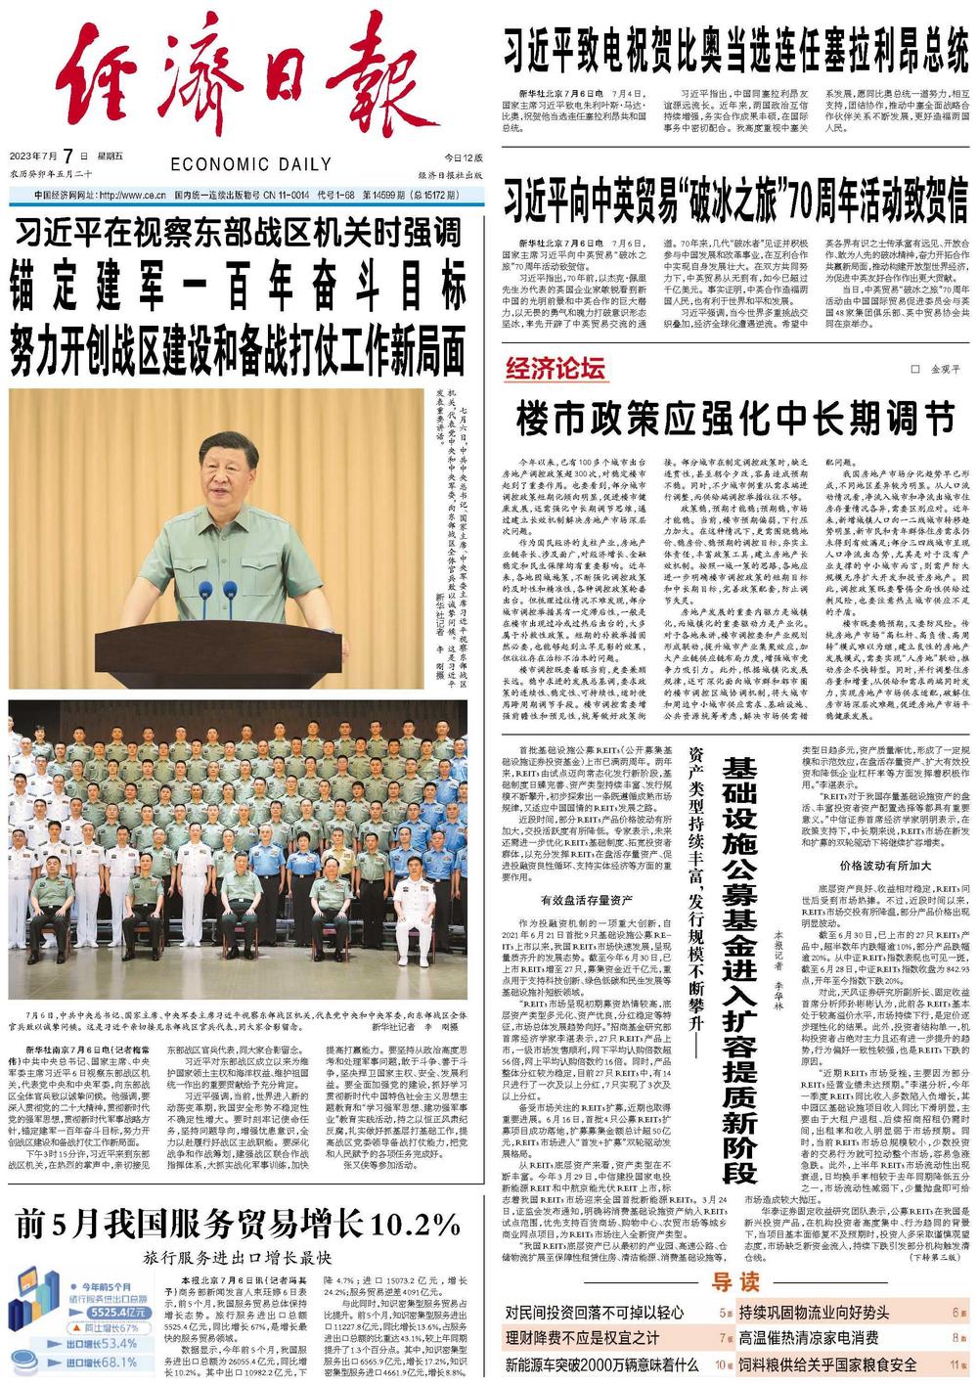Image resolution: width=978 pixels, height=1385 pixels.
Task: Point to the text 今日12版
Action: (x=464, y=157)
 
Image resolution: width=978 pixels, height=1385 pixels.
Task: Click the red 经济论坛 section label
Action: (x=556, y=369)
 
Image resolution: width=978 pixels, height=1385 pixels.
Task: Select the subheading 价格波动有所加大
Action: (x=885, y=865)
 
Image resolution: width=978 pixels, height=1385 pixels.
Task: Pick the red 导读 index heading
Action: (x=735, y=1282)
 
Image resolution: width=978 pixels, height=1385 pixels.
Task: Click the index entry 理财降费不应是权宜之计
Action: (x=582, y=1338)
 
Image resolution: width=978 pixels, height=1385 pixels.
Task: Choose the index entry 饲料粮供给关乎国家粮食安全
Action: (x=827, y=1364)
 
